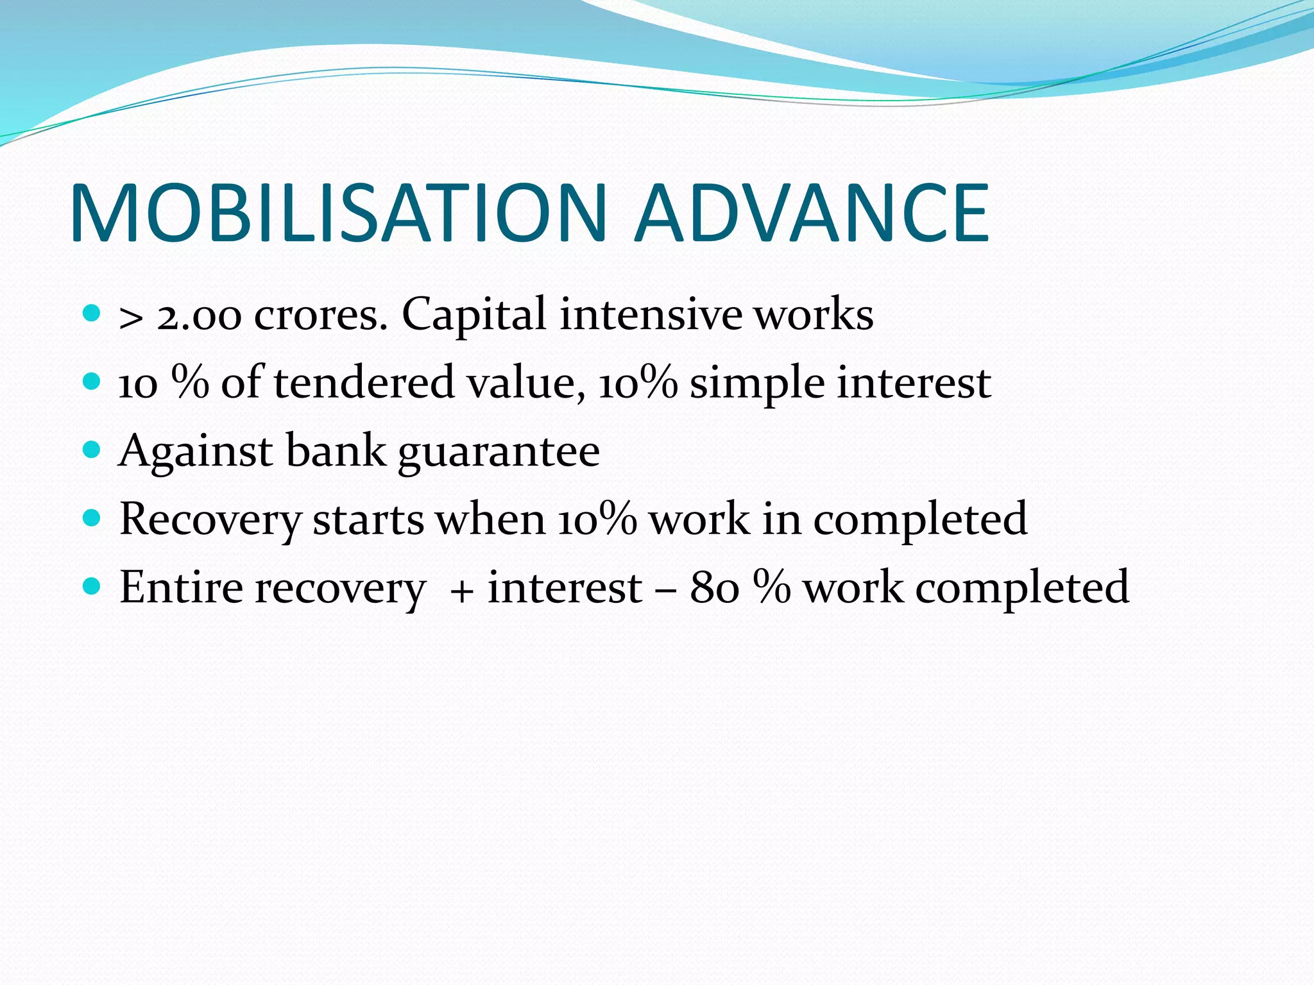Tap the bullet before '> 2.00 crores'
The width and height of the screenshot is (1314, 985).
pos(92,314)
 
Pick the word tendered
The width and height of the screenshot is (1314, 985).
pos(364,383)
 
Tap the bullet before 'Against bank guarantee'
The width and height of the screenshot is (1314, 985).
pos(92,450)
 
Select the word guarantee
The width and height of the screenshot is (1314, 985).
pos(499,453)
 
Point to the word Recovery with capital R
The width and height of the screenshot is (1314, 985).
pos(210,520)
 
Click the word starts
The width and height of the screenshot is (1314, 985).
pos(368,520)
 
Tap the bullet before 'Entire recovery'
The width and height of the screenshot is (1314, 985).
pos(92,586)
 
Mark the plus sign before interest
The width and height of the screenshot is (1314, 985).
pos(461,590)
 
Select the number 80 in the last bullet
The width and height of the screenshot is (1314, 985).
pos(714,587)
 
